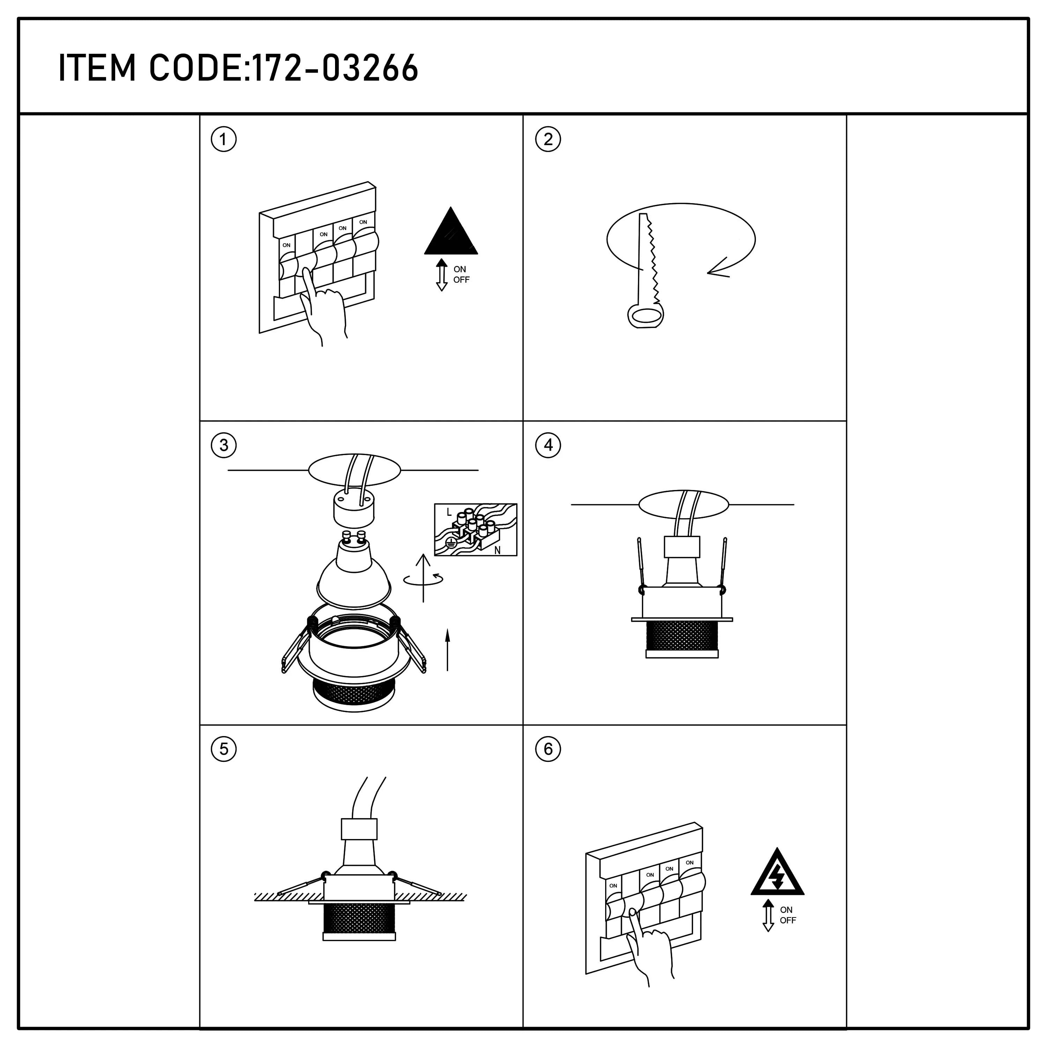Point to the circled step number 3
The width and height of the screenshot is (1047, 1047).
click(223, 445)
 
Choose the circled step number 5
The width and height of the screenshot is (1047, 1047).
click(223, 750)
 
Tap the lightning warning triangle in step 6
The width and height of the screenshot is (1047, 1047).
click(777, 874)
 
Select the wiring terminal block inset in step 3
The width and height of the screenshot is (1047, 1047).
click(475, 529)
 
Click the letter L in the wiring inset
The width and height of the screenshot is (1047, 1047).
click(449, 512)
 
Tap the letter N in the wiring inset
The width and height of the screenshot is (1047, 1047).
click(497, 550)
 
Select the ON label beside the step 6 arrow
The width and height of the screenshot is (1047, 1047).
click(786, 910)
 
